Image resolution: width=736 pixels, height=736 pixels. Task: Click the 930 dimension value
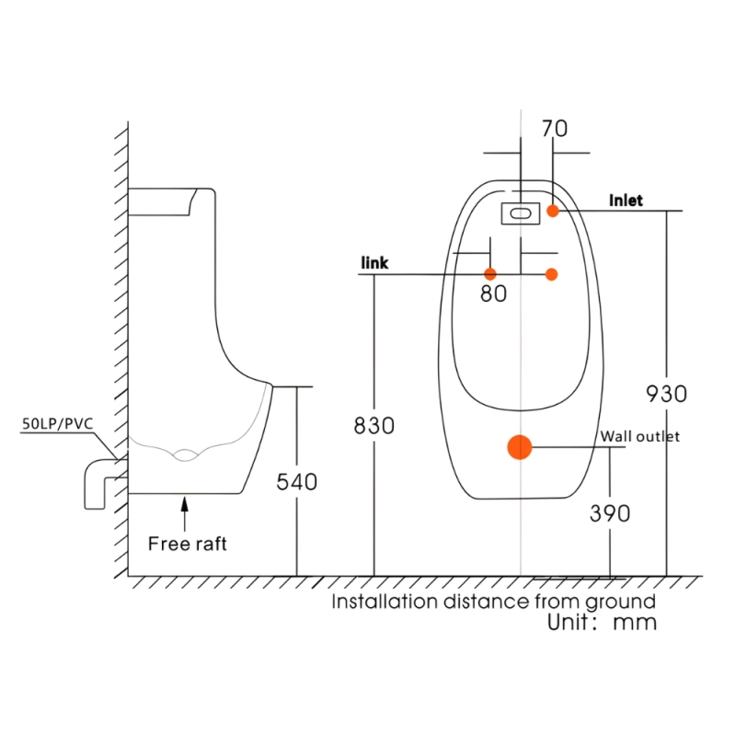(666, 394)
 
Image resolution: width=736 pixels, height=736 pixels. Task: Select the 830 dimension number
(374, 426)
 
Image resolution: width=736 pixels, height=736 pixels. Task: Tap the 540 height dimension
(296, 482)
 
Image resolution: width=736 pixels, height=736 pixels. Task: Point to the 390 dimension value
(610, 513)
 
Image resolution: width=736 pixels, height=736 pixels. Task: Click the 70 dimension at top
(555, 129)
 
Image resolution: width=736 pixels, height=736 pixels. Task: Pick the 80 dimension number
(493, 293)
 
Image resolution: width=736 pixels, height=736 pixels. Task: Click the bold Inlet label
(626, 201)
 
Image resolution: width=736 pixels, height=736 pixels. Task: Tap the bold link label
(374, 263)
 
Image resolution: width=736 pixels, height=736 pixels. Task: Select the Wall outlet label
(639, 436)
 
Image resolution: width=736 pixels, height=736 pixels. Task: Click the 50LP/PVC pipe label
(58, 424)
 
